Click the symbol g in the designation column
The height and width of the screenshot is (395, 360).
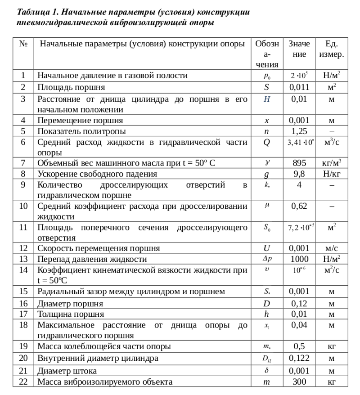tap(267, 174)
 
